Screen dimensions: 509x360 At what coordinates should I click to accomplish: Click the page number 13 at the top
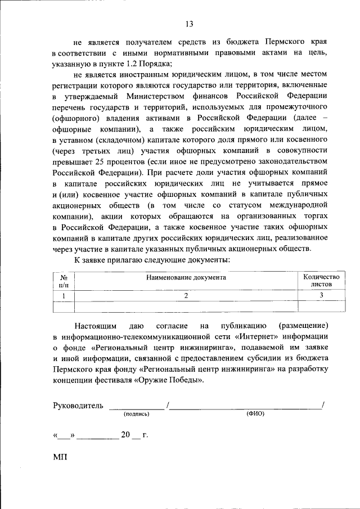(x=189, y=24)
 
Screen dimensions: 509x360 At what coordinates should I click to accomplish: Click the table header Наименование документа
(x=186, y=277)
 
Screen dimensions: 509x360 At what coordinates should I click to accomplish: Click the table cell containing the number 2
(x=186, y=296)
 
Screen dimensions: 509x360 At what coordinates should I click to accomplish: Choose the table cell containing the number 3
(x=321, y=296)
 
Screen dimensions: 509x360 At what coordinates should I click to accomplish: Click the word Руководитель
(x=78, y=406)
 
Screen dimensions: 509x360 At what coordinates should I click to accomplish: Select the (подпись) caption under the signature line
(x=137, y=414)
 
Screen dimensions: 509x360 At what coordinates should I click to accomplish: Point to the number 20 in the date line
(x=125, y=435)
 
